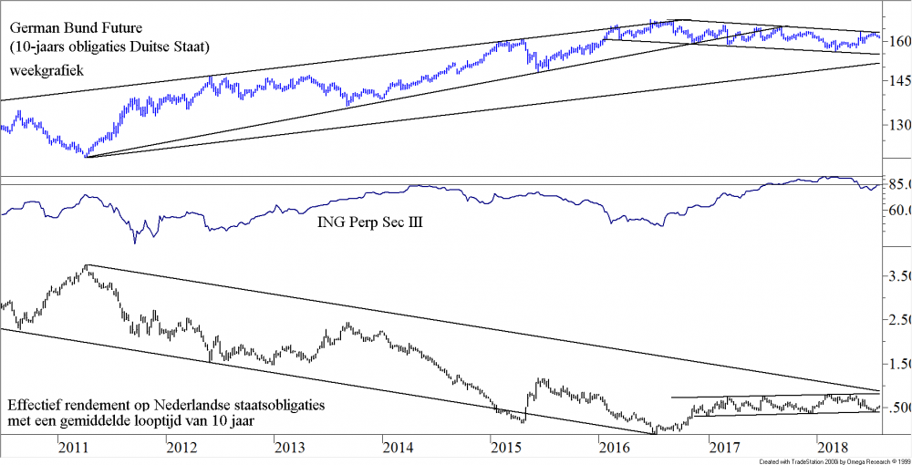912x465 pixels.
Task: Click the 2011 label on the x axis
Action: (73, 448)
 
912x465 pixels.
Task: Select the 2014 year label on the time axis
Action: (399, 448)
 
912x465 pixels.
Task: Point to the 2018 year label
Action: (832, 448)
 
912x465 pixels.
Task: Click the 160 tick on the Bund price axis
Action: (898, 42)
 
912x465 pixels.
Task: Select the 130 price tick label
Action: (898, 126)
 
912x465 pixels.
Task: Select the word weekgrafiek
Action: (47, 70)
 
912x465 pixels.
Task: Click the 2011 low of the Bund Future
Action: (85, 155)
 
